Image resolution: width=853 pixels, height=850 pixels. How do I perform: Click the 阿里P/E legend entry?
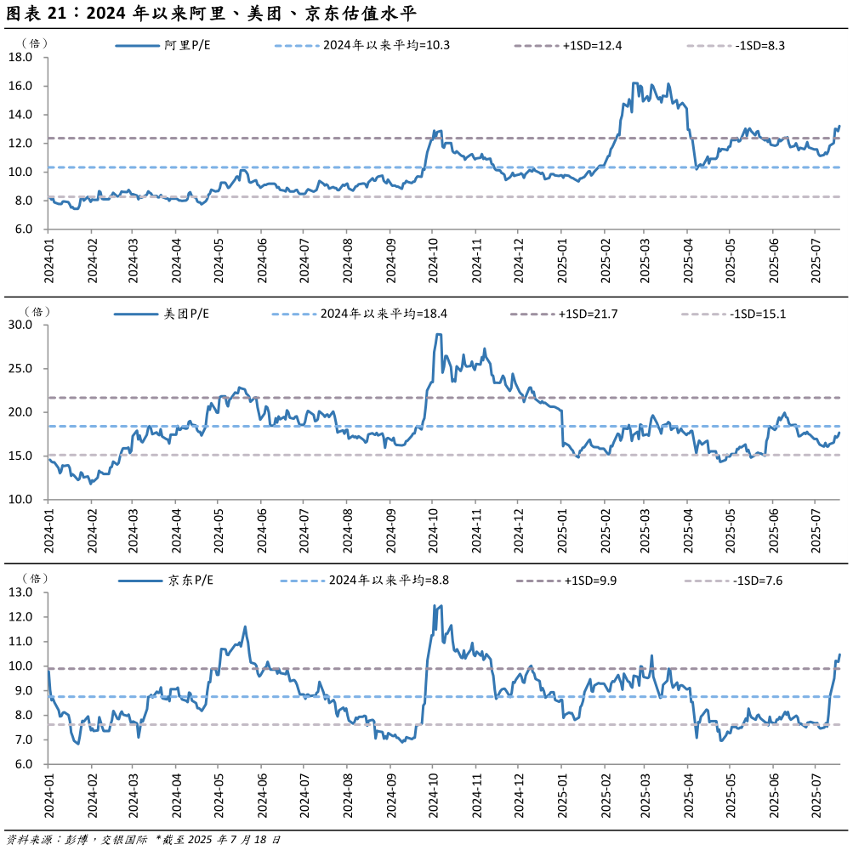[187, 45]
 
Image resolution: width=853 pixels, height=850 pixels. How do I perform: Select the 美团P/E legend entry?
[186, 314]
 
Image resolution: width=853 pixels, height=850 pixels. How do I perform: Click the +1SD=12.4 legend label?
[592, 45]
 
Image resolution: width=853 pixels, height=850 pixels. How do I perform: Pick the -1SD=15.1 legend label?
[758, 314]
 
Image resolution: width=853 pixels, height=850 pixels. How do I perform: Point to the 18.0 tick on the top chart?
[20, 58]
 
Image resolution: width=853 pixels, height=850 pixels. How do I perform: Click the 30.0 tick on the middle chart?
[20, 325]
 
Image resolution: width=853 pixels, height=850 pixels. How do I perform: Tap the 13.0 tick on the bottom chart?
[20, 592]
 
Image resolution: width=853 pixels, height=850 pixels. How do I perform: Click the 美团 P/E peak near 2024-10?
[438, 335]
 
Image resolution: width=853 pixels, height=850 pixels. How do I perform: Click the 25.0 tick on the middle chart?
[20, 369]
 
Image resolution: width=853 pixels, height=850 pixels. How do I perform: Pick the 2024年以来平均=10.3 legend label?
[386, 45]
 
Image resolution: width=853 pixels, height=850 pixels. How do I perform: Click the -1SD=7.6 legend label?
[759, 581]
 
